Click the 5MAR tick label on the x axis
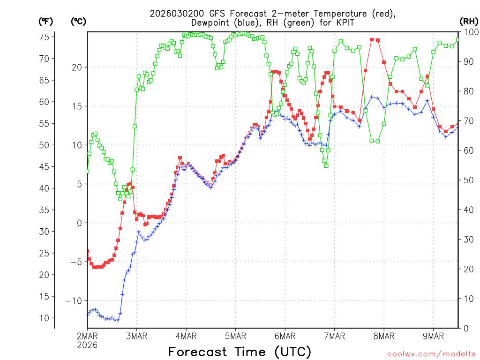coord(235,336)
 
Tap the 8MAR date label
coord(384,336)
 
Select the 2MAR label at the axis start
coord(87,336)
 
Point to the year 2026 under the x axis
coord(87,345)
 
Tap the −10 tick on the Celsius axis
coord(75,300)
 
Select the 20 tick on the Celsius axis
coord(77,67)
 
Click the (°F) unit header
coord(46,21)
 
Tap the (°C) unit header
coord(78,21)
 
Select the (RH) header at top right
coord(468,21)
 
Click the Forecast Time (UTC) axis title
coord(240,352)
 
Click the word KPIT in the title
coord(343,22)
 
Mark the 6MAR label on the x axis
coord(285,336)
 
